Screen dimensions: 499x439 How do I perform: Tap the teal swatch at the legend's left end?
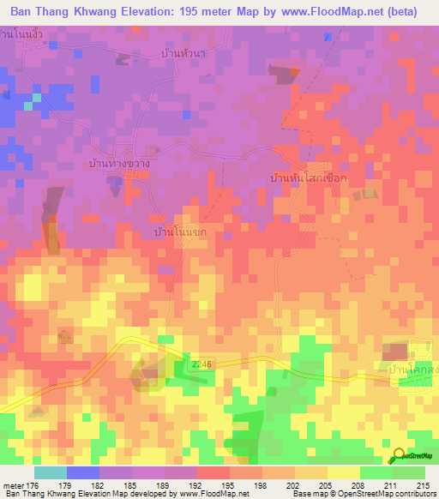tap(50, 472)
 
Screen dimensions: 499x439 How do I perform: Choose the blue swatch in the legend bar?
tap(82, 472)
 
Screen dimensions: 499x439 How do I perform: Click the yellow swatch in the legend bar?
tap(343, 472)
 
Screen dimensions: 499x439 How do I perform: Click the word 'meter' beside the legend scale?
tap(13, 484)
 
